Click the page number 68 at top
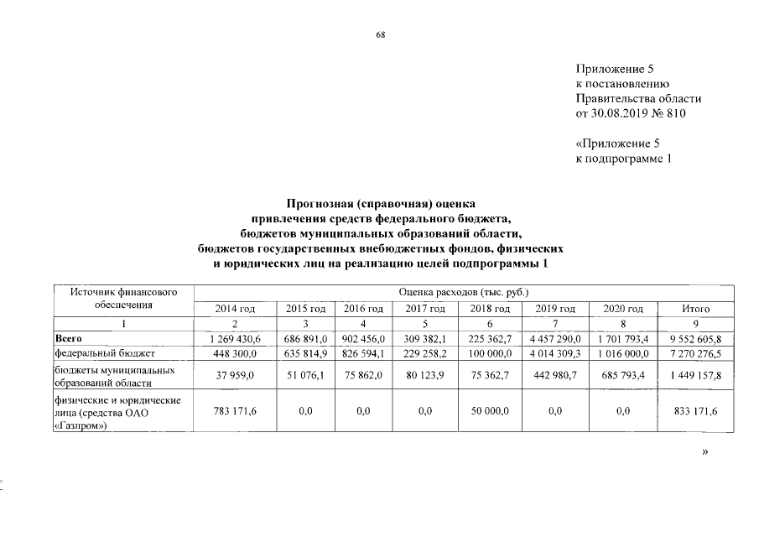(380, 34)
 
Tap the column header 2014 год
(235, 309)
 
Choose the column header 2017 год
(424, 309)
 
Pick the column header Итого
(695, 309)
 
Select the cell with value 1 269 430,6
(235, 338)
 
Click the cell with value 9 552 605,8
(695, 338)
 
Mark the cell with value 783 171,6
(235, 412)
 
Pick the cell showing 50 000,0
(491, 412)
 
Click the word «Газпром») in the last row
(83, 425)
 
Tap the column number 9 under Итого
(695, 324)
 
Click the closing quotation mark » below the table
(704, 451)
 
